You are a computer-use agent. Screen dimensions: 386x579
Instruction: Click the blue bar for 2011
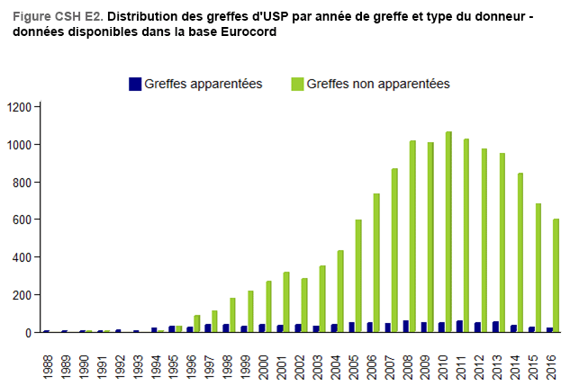coord(459,327)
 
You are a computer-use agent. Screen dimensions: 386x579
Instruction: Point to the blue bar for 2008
coord(405,327)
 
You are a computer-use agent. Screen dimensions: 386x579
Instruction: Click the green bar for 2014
coord(520,253)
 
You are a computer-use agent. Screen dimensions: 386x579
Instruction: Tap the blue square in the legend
coord(136,84)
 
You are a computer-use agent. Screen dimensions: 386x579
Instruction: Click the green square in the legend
coord(296,84)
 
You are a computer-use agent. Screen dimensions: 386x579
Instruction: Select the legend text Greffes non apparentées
coord(377,84)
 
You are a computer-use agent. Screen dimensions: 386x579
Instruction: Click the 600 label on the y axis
coord(23,220)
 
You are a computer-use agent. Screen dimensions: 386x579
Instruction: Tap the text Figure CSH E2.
coord(58,15)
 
